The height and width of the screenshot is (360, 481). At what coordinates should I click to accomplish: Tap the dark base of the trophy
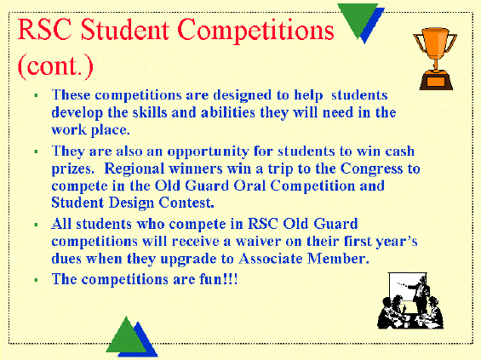point(436,81)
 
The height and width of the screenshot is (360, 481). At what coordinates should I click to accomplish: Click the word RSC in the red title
point(45,30)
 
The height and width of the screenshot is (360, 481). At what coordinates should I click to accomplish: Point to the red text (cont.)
point(55,66)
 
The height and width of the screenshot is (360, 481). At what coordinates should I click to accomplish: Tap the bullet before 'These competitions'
point(37,95)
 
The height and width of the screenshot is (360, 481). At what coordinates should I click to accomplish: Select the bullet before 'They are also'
point(37,151)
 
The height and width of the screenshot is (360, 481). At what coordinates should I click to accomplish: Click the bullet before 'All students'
point(37,225)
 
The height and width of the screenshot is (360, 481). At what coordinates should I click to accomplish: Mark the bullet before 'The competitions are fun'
point(37,280)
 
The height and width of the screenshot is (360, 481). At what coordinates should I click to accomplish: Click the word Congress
point(371,169)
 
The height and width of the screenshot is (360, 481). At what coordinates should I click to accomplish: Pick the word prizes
point(72,169)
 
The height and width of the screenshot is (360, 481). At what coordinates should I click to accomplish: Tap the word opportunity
point(208,152)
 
